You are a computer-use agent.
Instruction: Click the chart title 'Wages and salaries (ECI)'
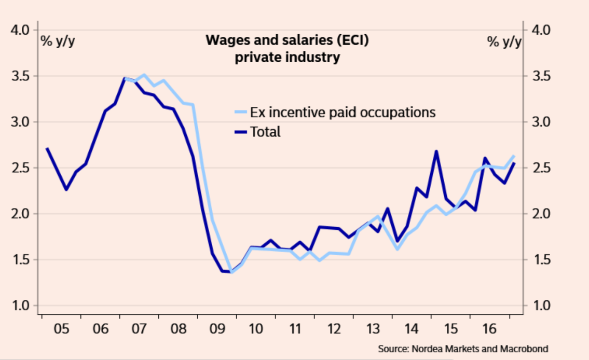pyautogui.click(x=287, y=40)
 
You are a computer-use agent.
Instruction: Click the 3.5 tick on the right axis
pyautogui.click(x=539, y=76)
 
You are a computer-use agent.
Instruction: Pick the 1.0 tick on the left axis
pyautogui.click(x=21, y=306)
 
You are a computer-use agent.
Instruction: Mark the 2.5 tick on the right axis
pyautogui.click(x=539, y=168)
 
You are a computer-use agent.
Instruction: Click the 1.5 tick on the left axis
pyautogui.click(x=21, y=260)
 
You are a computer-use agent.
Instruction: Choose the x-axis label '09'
pyautogui.click(x=216, y=329)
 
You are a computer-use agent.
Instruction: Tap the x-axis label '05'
pyautogui.click(x=61, y=329)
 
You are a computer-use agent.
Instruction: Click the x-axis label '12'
pyautogui.click(x=334, y=329)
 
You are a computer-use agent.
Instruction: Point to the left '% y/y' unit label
pyautogui.click(x=58, y=41)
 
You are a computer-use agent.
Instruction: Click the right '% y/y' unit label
pyautogui.click(x=504, y=41)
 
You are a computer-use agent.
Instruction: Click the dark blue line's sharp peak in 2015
pyautogui.click(x=436, y=151)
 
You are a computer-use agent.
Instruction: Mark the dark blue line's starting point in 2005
pyautogui.click(x=47, y=148)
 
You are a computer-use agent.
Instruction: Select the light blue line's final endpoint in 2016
pyautogui.click(x=514, y=156)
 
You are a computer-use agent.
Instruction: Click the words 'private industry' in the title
pyautogui.click(x=287, y=57)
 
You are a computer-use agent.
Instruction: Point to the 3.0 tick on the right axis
pyautogui.click(x=539, y=122)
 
